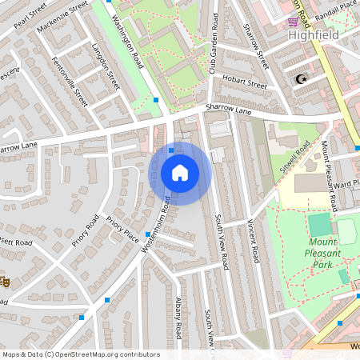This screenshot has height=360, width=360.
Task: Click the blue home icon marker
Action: coord(180,173)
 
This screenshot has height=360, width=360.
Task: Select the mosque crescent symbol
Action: coord(301,80)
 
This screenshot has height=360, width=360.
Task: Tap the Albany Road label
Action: coord(179,318)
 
